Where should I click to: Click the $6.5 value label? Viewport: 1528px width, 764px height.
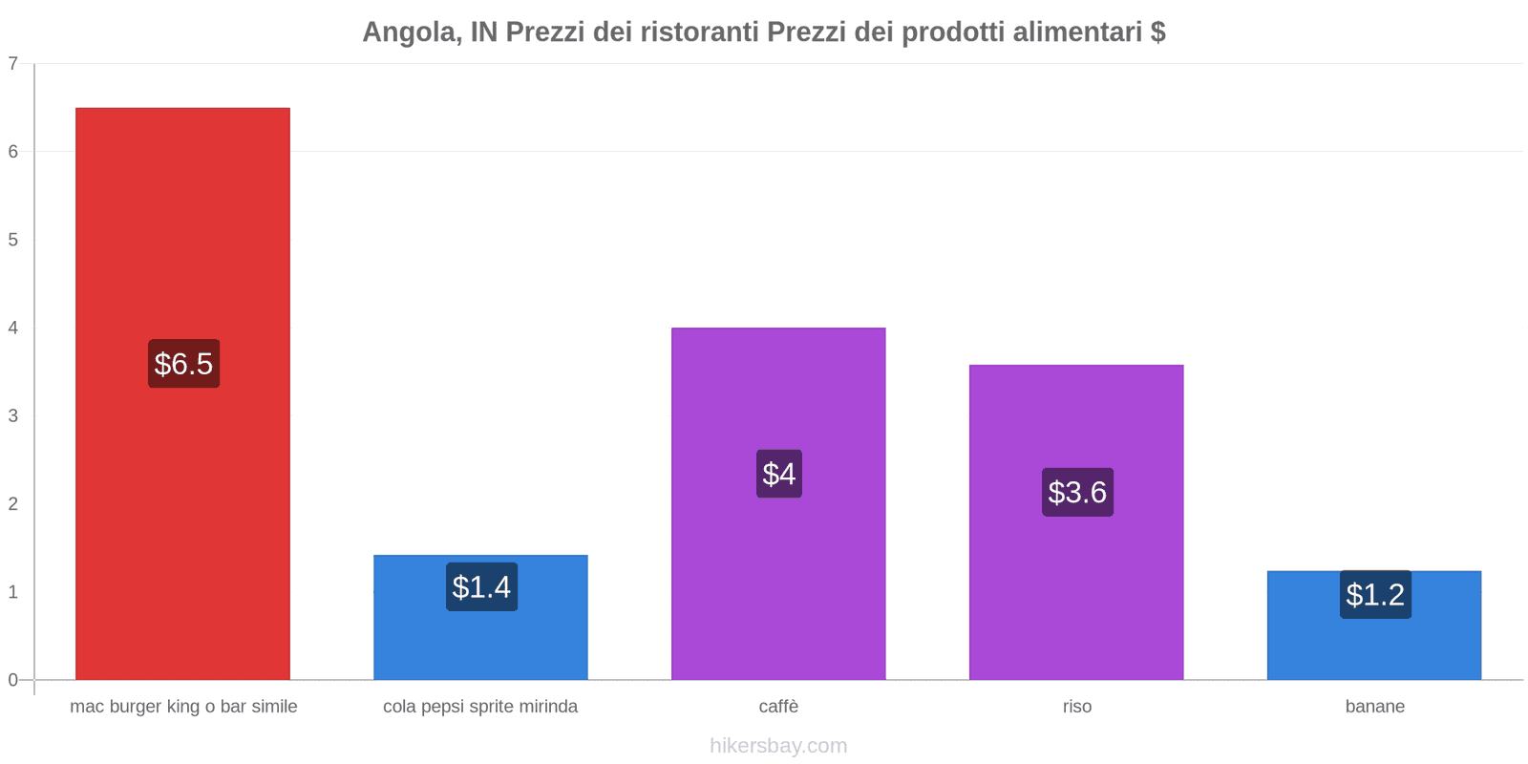[183, 364]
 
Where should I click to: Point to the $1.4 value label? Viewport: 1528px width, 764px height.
[481, 586]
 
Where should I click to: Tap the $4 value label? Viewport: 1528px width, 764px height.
[778, 474]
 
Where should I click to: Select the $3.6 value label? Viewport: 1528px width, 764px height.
[1077, 492]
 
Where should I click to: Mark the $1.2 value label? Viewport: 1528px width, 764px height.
[1375, 594]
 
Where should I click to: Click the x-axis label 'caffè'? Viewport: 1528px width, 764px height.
[778, 707]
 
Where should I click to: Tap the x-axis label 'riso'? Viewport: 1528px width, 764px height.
[1076, 707]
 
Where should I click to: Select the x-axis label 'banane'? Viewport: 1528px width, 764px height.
[1374, 707]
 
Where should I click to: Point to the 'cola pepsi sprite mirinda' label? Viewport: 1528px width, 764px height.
[480, 707]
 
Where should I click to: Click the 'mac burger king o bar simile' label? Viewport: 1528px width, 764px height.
[183, 707]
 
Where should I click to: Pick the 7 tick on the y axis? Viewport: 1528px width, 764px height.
[13, 64]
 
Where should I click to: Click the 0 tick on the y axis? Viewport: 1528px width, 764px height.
[13, 680]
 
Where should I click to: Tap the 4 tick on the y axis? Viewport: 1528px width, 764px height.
[13, 328]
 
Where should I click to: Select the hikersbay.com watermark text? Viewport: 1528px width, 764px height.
[778, 746]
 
